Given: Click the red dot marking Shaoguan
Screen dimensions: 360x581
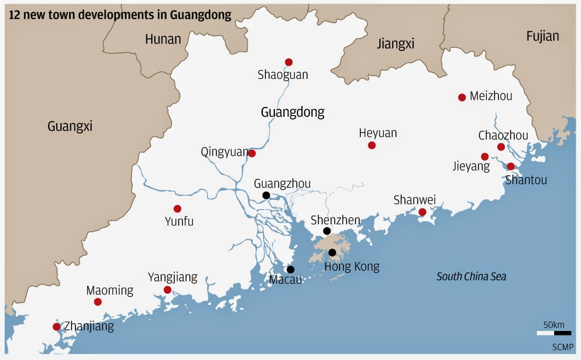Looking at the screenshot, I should pos(289,62).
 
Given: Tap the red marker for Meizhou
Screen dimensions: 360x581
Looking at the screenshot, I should pos(462,98).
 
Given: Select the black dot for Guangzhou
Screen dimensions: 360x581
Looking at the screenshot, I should pos(266,196).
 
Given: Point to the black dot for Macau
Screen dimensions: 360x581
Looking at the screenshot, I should pos(290,269).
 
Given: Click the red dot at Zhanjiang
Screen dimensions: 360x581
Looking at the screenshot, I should pos(56,327).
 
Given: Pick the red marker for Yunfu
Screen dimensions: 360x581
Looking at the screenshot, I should pos(177,209).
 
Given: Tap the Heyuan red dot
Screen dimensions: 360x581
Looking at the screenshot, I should pos(372,145).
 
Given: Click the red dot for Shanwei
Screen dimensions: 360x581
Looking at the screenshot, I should pos(422,212).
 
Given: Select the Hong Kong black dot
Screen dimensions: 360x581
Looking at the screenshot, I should pos(332,253).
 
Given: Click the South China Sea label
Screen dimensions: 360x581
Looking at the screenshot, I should pos(471,277).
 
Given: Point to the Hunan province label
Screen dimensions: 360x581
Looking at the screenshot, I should pos(163,39).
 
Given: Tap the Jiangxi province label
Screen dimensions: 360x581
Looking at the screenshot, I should pos(395,44).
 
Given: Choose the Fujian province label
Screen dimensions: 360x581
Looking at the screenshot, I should pos(542,36).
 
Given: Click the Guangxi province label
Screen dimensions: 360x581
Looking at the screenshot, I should pos(70,127).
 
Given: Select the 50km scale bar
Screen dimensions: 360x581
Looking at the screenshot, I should pos(554,333).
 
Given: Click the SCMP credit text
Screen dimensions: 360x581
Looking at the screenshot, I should pos(562,347).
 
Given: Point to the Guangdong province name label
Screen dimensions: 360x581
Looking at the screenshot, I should pos(292,112).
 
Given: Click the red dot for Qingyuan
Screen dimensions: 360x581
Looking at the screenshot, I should pos(252,153).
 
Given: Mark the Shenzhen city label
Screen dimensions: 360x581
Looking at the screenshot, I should pos(335,220).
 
